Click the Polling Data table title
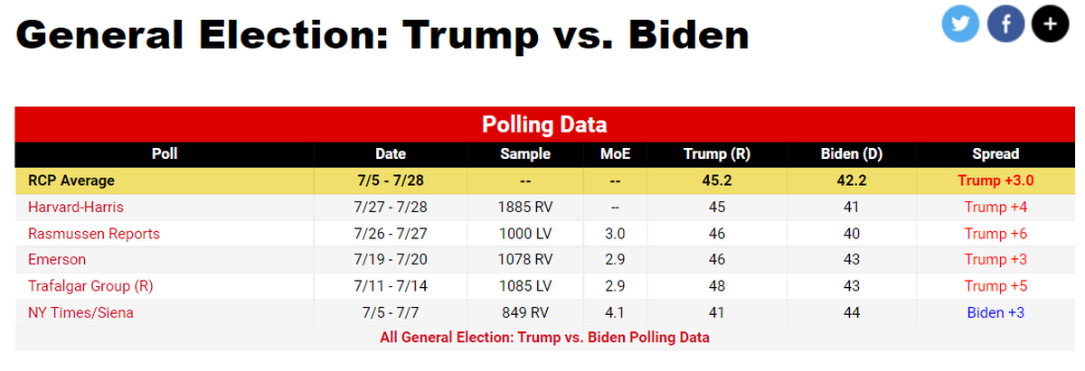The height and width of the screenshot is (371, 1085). coord(543,125)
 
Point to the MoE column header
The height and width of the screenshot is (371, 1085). coord(615,154)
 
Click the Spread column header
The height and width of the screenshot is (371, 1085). coord(995,154)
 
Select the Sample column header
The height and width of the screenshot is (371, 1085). coord(525,154)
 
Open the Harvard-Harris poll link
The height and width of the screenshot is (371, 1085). coord(75,208)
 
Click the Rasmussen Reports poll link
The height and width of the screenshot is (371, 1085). coord(94,234)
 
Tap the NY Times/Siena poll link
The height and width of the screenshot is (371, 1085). coord(81,312)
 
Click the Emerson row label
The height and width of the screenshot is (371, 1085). coord(57,260)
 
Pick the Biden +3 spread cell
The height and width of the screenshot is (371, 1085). coord(995,312)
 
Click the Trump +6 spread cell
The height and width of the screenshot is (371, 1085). coord(995,234)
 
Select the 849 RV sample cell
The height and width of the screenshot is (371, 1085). coord(525,312)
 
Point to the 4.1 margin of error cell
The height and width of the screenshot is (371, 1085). coord(615,312)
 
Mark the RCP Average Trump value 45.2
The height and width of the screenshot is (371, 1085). coord(717,181)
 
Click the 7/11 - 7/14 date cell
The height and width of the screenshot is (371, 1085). coord(391,286)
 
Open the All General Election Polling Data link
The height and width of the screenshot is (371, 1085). coord(544,338)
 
